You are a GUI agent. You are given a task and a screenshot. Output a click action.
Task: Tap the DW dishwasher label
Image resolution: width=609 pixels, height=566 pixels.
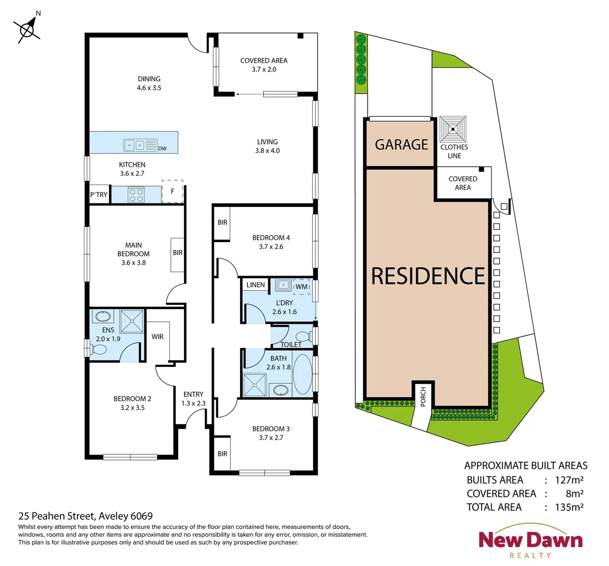(162, 148)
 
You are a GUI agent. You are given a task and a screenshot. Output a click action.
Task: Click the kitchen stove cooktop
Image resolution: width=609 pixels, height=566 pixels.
(136, 195)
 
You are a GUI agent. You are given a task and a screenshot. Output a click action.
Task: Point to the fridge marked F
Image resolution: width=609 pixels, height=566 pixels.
(172, 191)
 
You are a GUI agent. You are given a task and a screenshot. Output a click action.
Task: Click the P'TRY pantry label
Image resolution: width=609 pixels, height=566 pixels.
(99, 194)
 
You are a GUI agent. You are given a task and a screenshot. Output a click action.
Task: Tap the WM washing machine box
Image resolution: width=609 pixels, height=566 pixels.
(301, 287)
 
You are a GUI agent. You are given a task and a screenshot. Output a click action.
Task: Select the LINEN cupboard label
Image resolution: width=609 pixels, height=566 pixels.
(255, 285)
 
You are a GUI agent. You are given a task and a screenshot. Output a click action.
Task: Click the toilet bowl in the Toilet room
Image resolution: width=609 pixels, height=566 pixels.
(303, 335)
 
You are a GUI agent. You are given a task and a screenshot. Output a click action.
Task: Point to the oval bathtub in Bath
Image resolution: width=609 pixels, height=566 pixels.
(302, 375)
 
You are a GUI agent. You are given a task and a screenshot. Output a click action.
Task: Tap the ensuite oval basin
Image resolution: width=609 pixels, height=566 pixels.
(102, 317)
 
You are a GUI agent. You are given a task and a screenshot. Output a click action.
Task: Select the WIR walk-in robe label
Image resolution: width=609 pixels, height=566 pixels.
(158, 336)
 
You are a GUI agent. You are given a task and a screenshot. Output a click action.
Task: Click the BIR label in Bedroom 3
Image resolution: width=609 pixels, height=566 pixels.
(222, 453)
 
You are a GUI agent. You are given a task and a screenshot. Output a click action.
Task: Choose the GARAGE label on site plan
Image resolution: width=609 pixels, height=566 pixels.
(401, 144)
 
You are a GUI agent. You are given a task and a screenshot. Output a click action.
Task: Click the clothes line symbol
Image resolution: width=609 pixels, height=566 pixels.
(453, 129)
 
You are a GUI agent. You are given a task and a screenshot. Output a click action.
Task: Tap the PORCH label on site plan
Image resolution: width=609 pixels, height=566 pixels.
(423, 397)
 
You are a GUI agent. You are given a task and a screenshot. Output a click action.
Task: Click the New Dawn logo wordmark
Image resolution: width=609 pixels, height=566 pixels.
(530, 540)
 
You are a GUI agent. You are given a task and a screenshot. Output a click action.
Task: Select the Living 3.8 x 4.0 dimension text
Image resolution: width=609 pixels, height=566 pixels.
(267, 150)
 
